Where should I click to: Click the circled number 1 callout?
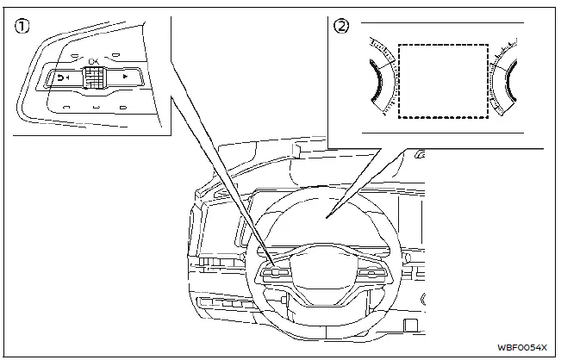click(x=19, y=27)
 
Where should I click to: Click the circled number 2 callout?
click(x=342, y=27)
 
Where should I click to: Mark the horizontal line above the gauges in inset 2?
click(x=441, y=23)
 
